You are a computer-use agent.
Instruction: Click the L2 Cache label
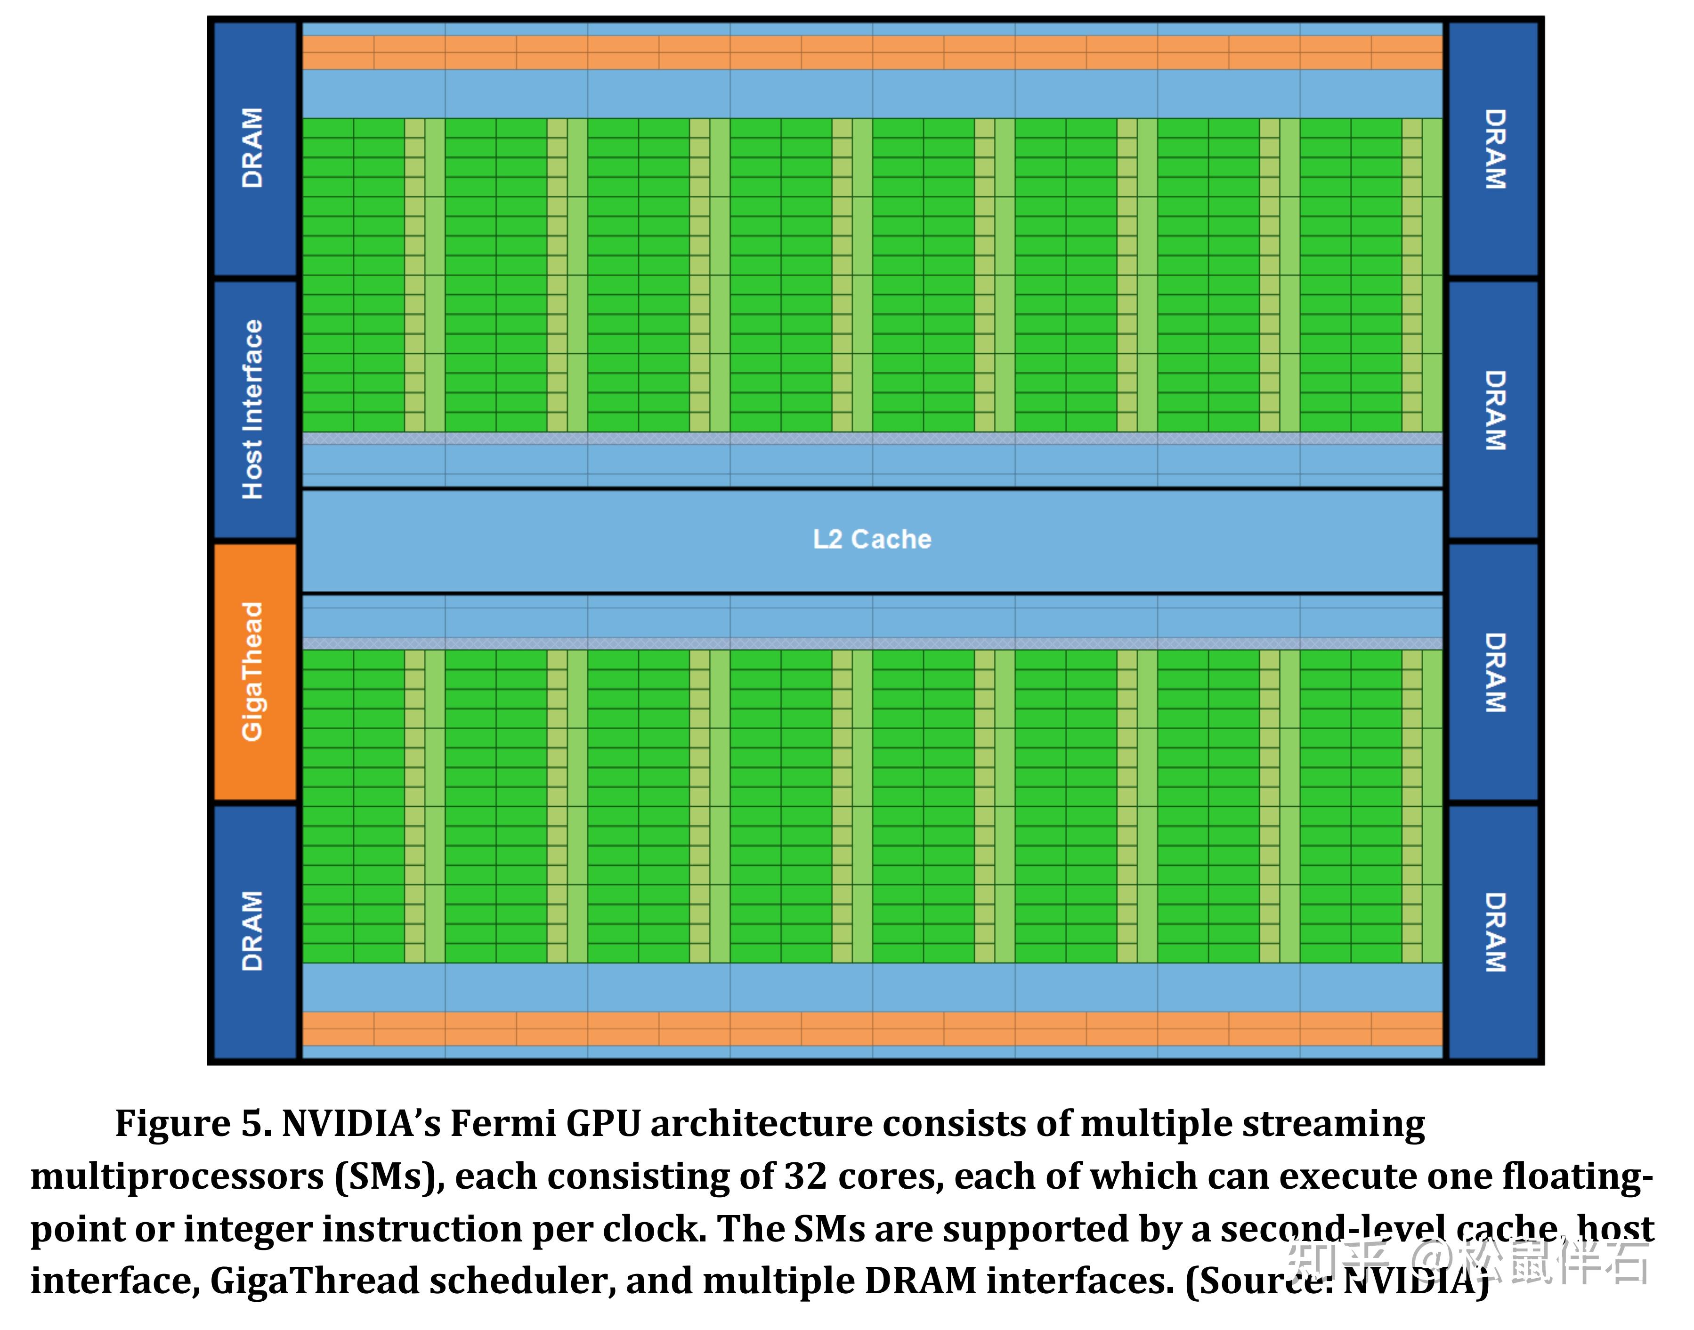pyautogui.click(x=872, y=539)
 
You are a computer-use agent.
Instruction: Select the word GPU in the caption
pyautogui.click(x=603, y=1124)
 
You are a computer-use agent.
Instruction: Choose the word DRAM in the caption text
pyautogui.click(x=921, y=1281)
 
